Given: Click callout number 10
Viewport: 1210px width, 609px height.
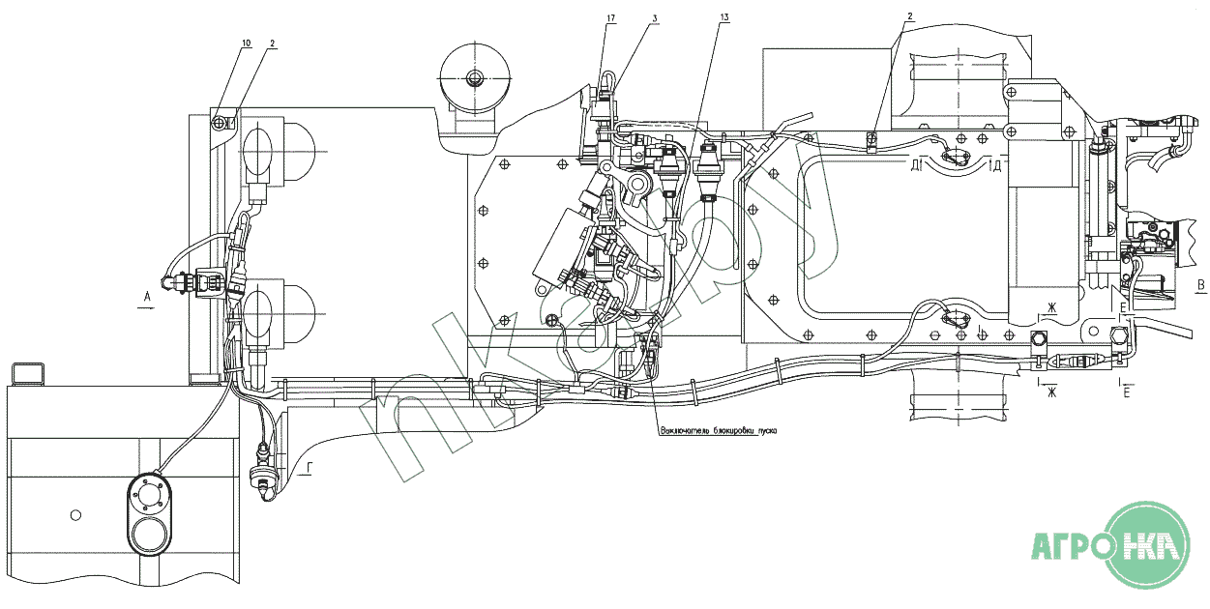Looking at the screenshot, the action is (x=246, y=43).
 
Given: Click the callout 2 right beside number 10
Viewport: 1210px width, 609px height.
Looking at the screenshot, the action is (x=273, y=43).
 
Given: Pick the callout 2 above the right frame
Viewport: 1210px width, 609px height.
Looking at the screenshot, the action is (x=909, y=16).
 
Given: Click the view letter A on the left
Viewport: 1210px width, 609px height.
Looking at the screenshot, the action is (x=146, y=296).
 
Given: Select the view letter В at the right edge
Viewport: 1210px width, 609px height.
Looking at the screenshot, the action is (x=1200, y=284).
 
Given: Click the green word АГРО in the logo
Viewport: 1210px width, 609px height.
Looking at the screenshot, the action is (x=1071, y=547).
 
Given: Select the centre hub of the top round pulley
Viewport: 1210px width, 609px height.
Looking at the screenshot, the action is (x=473, y=78).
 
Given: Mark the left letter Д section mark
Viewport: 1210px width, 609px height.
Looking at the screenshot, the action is (x=914, y=164).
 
